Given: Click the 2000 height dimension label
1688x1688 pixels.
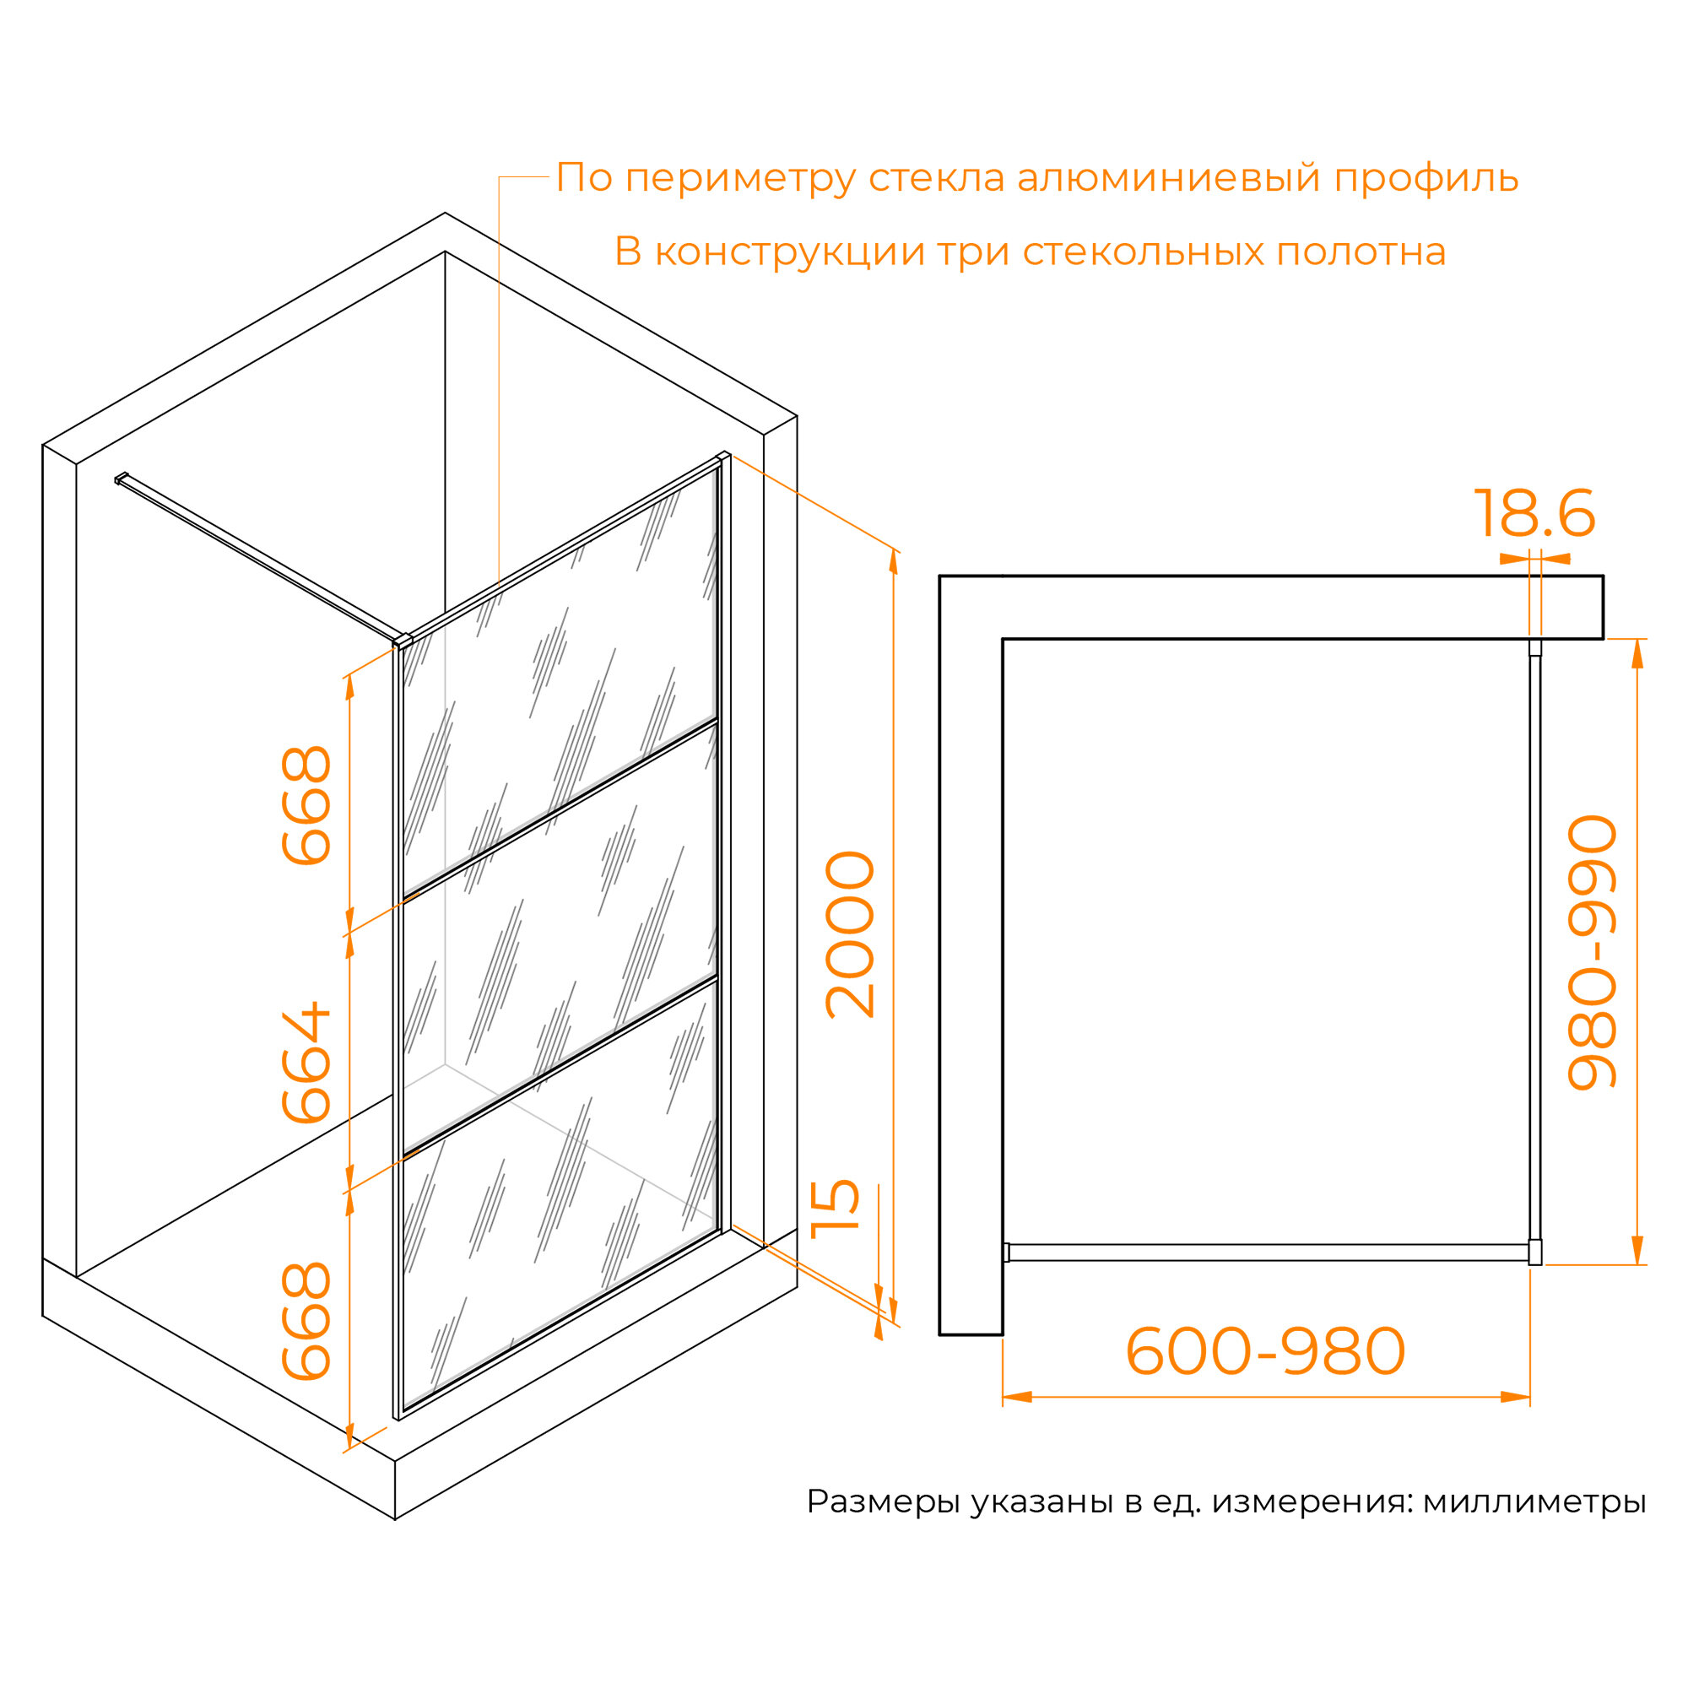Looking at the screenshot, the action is coord(849,935).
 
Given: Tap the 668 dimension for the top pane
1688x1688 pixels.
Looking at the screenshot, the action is coord(306,805).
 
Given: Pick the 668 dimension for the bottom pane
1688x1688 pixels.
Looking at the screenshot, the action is coord(306,1321).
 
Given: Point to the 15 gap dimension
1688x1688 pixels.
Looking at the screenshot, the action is coord(836,1210).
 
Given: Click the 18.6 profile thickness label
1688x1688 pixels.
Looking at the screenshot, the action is coord(1534,514).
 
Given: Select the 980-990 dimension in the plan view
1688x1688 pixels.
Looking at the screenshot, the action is coord(1592,953).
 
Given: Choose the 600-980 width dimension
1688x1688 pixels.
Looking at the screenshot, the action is coord(1265,1351).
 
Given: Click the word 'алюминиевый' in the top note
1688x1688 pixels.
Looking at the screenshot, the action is coord(1168,178).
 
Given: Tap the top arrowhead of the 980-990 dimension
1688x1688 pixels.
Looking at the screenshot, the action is coord(1637,653).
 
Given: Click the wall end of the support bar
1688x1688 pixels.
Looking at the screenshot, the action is coord(121,478).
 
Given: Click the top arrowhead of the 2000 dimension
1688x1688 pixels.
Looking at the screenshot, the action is coord(893,565).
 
